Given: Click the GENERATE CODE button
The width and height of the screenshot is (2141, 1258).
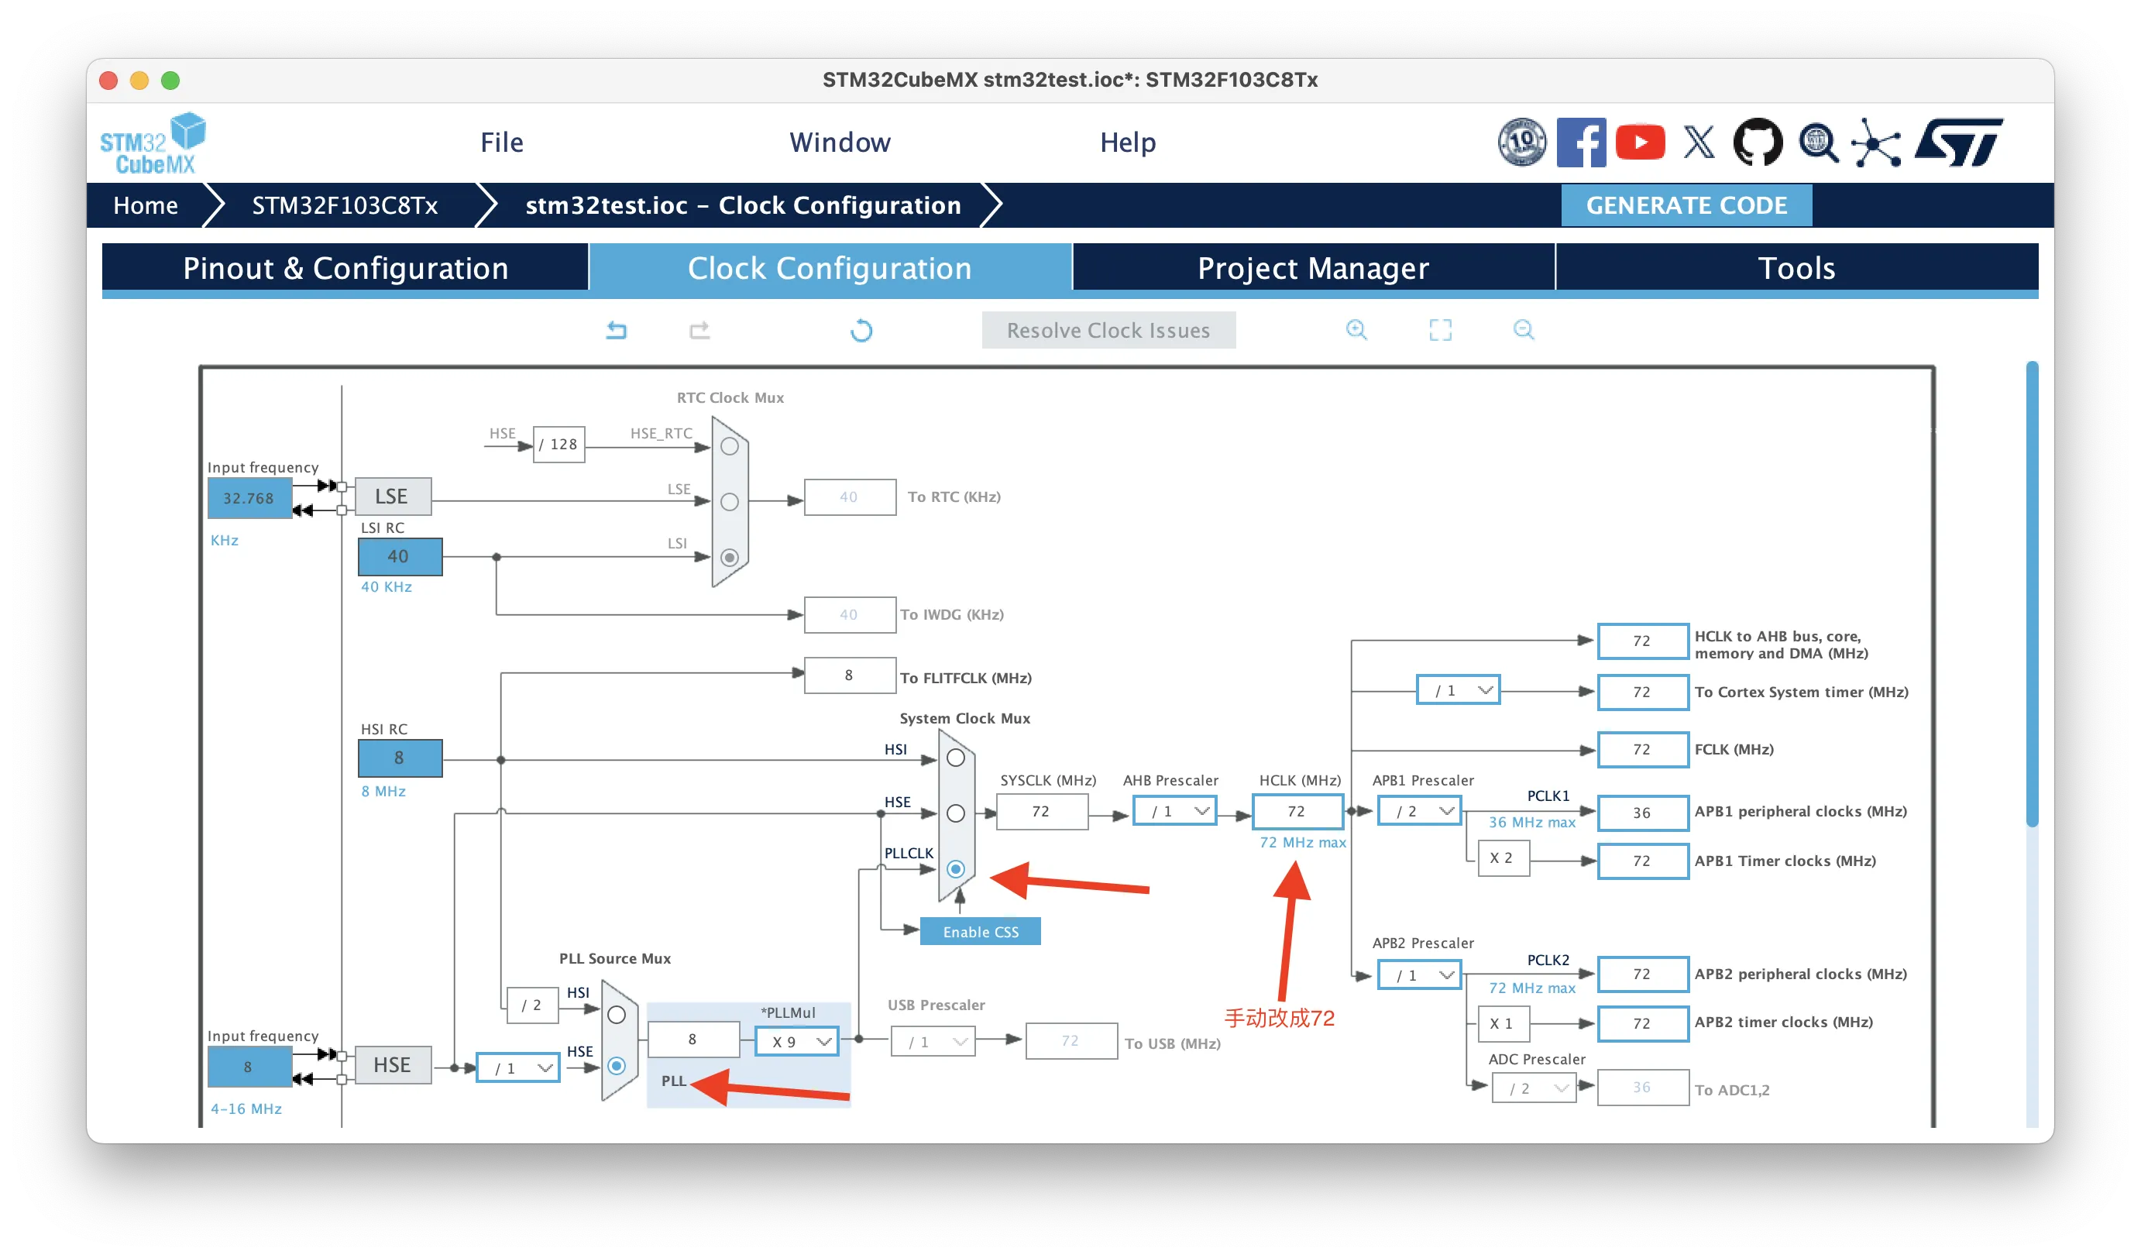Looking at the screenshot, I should click(x=1686, y=205).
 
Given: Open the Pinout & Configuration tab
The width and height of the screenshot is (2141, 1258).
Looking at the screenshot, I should click(x=345, y=269).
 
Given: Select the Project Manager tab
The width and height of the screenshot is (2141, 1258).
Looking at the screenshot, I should click(x=1313, y=269).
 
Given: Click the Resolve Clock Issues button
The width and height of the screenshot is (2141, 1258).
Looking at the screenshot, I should click(x=1108, y=331).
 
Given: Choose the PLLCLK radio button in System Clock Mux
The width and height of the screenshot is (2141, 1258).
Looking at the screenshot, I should click(x=956, y=869).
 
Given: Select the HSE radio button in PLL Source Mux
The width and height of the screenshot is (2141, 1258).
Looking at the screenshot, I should click(x=617, y=1065).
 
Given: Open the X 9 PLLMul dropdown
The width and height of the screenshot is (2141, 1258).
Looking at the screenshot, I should click(x=797, y=1041).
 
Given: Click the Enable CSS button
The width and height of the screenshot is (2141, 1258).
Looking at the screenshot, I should click(x=980, y=932).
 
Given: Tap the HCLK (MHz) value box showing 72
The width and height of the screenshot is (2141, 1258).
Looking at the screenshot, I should click(x=1297, y=811).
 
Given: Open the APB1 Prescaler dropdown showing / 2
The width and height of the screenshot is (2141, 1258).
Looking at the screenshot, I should click(x=1419, y=811).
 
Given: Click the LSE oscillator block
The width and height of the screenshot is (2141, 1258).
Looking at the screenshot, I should click(x=392, y=497).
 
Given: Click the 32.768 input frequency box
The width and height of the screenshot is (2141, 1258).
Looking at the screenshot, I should click(x=249, y=499).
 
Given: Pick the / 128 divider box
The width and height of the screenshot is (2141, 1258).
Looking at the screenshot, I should click(x=559, y=444).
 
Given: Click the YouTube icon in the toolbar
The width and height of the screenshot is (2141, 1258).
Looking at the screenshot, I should click(x=1640, y=142).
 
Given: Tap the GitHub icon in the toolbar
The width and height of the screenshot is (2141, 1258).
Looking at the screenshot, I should click(x=1758, y=142).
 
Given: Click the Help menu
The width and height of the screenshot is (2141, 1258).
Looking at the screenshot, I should click(x=1127, y=143).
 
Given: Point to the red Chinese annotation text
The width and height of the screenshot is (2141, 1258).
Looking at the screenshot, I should click(x=1279, y=1018).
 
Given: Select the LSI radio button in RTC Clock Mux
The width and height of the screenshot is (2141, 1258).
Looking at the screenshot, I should click(x=729, y=558).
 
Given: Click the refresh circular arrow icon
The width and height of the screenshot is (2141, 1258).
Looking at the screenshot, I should click(x=861, y=331).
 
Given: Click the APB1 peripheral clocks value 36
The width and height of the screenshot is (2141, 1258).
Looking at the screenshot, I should click(x=1641, y=813).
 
